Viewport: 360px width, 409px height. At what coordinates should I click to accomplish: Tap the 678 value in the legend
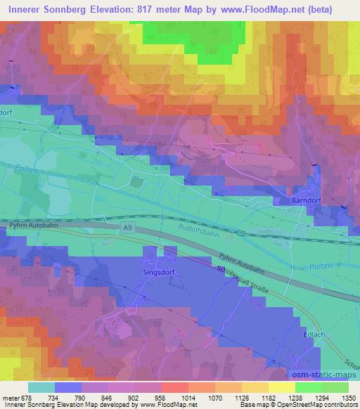(x=27, y=396)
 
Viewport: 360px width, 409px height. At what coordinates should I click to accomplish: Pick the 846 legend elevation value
(x=106, y=396)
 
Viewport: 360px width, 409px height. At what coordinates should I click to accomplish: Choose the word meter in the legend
(x=10, y=396)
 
